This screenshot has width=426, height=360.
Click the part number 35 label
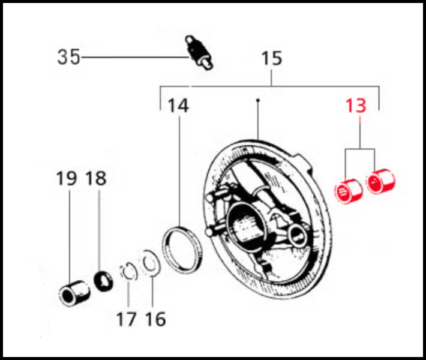(x=69, y=57)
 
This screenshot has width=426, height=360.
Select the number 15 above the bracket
(x=271, y=58)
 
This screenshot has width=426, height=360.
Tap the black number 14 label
(x=178, y=106)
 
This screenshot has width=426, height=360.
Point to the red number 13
(x=356, y=106)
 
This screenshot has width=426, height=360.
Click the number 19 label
(x=66, y=179)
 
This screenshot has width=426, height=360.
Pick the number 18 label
(x=96, y=179)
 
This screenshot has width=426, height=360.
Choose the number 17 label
(x=127, y=319)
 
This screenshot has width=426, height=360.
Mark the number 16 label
(x=155, y=319)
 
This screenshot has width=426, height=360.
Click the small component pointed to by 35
(x=199, y=53)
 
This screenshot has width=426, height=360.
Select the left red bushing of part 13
(x=348, y=191)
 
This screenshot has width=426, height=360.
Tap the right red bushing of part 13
(x=380, y=181)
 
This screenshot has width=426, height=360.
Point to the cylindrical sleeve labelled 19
(x=74, y=293)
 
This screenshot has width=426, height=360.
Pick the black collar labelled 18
(x=104, y=281)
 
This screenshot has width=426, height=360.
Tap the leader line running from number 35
(x=135, y=58)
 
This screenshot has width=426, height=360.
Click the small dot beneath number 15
(x=258, y=100)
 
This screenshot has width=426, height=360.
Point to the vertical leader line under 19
(x=69, y=236)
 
